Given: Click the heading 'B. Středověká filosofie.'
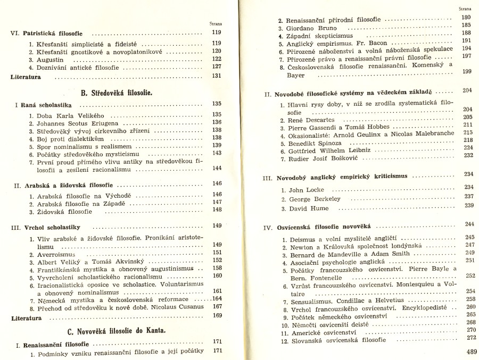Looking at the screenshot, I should pos(117,93).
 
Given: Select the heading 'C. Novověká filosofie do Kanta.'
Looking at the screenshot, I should pos(117,330).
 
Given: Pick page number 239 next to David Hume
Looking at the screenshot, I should pos(468,206).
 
